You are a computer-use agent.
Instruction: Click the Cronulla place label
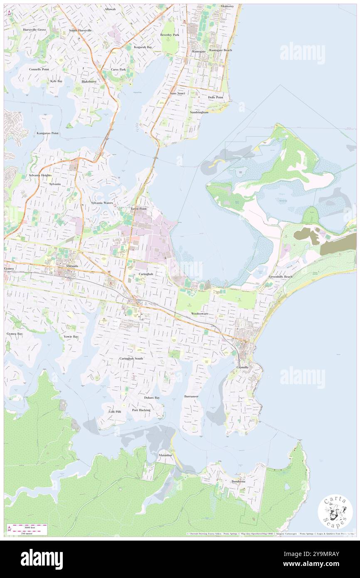click(242, 368)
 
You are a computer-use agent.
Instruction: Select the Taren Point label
click(138, 209)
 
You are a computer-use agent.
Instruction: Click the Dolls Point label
click(215, 97)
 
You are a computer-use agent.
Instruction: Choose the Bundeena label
click(239, 482)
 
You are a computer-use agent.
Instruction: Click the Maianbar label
click(165, 455)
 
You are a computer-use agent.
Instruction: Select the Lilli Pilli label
click(115, 411)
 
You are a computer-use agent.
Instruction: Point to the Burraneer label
click(191, 396)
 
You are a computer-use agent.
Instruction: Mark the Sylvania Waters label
click(102, 203)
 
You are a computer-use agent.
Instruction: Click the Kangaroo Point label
click(47, 133)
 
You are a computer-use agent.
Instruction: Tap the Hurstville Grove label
click(35, 30)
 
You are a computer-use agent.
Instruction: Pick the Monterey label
click(227, 7)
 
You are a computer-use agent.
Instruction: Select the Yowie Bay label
click(71, 336)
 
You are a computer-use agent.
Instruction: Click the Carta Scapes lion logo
click(335, 512)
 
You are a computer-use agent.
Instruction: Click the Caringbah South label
click(131, 358)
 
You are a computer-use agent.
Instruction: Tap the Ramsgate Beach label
click(221, 50)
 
